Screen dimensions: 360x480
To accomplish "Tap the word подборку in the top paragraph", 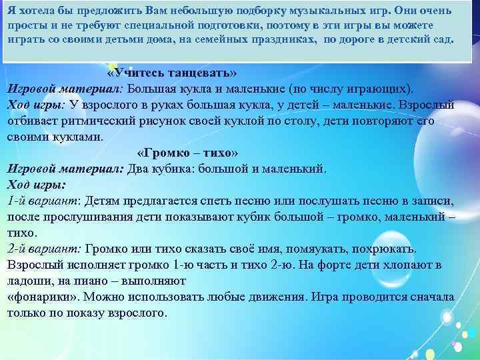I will [x=251, y=11].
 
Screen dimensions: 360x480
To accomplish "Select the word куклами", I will [x=78, y=137].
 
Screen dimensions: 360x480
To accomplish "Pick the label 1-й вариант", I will [x=43, y=201].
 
